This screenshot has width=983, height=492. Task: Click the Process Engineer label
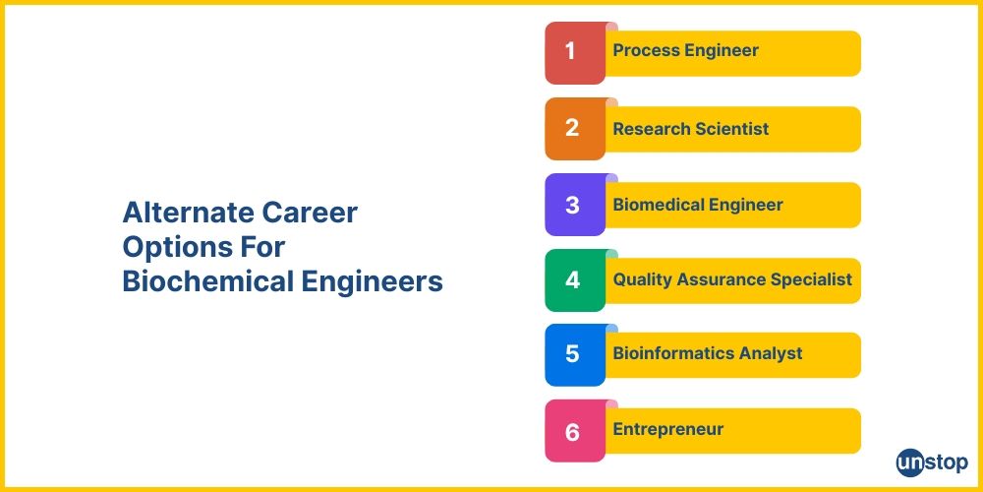tap(685, 51)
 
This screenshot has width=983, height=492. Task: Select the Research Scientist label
tap(690, 129)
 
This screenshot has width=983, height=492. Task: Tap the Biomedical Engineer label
tap(697, 205)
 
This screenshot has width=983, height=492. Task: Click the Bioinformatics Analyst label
tap(708, 353)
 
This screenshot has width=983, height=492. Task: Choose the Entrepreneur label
tap(667, 429)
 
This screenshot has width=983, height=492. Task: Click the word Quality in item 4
tap(642, 279)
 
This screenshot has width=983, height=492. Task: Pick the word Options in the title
tap(170, 247)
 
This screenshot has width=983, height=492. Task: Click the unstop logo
tap(931, 461)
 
